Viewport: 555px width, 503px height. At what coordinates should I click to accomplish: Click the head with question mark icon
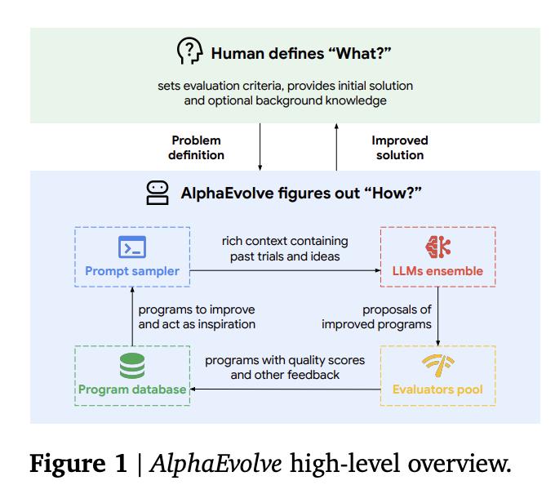190,51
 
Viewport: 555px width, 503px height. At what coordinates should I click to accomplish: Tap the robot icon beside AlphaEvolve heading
158,193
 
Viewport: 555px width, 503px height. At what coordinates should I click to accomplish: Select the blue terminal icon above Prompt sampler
132,247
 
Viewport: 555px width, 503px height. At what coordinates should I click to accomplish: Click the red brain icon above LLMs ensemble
437,247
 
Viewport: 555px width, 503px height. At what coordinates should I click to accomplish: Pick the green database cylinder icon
132,366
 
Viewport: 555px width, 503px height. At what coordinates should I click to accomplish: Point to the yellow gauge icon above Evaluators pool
437,366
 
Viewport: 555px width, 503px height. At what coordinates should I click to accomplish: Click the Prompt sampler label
132,271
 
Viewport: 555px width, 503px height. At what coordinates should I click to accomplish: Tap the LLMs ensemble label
437,271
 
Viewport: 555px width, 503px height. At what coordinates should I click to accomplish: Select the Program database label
132,389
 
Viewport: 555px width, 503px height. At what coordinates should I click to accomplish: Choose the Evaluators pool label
437,389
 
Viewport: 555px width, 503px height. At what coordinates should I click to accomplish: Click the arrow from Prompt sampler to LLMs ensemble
285,270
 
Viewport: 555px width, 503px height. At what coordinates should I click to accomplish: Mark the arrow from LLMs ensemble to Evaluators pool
437,316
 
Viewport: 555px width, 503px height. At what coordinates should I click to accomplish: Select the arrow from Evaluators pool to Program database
285,389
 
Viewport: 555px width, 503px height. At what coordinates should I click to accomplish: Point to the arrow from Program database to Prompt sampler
132,316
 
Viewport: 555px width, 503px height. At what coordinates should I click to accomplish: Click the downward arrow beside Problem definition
260,147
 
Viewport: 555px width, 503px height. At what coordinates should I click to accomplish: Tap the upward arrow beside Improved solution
336,147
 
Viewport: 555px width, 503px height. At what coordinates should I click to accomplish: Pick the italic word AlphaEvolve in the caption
215,463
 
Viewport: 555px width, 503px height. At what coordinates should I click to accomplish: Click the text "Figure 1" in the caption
78,463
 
